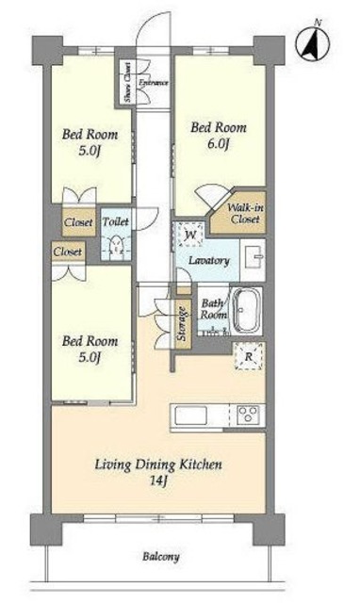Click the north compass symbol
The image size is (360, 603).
(x=313, y=43)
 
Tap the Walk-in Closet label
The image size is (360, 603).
(x=245, y=214)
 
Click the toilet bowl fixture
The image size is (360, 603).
(x=115, y=247)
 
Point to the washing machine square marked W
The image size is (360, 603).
(x=190, y=235)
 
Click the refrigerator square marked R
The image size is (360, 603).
(x=249, y=357)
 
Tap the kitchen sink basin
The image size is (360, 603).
(x=190, y=416)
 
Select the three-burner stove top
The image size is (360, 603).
(x=248, y=416)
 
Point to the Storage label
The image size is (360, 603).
(x=183, y=324)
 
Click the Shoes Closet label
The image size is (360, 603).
(x=127, y=82)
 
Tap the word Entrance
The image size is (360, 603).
(x=154, y=82)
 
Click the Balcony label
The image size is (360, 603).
(x=161, y=557)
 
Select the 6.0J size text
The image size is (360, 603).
(x=218, y=144)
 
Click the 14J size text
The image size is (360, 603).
(x=158, y=481)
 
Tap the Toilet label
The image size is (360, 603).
(x=115, y=222)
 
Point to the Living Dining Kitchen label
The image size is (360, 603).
(x=158, y=464)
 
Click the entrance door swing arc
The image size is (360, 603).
(x=145, y=24)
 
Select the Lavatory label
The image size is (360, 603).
(x=209, y=261)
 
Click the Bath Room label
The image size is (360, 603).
(x=214, y=309)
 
